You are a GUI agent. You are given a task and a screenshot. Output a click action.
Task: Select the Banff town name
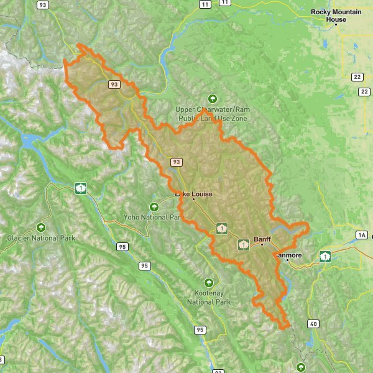(263, 238)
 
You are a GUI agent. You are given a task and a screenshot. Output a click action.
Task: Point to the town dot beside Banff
(262, 245)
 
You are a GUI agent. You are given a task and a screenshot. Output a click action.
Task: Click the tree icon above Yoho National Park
(154, 206)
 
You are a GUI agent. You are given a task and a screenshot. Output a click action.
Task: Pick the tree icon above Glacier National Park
(42, 227)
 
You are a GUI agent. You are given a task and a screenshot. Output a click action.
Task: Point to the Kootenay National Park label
(209, 298)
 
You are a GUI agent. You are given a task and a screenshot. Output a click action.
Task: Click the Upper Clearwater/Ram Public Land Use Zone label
(212, 113)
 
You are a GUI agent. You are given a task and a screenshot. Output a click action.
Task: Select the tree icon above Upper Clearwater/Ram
(213, 98)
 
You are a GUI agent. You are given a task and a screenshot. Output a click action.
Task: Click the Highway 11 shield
(205, 4)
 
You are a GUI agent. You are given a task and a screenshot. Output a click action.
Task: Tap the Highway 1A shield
(362, 234)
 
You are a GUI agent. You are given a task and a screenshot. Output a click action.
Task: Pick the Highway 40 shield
(313, 324)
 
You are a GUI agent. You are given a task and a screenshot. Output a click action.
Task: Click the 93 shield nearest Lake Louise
(177, 162)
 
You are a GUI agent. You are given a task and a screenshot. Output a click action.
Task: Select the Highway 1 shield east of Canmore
(325, 256)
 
